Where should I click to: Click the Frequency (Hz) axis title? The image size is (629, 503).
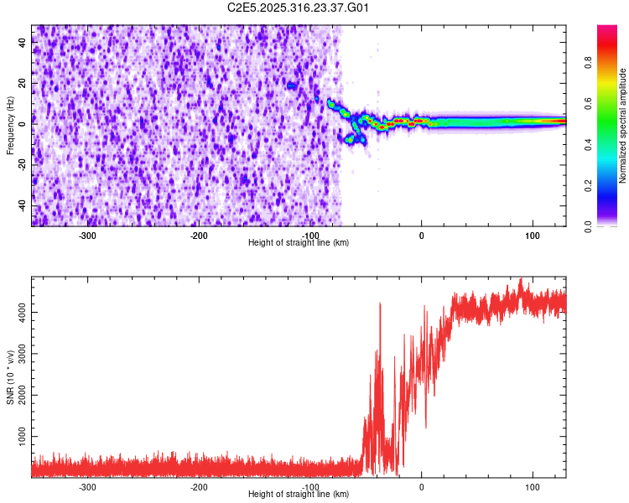pos(10,126)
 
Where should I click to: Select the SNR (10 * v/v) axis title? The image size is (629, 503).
pos(10,376)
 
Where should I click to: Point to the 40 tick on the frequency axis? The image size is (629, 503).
pos(23,44)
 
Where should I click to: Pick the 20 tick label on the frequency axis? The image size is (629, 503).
pos(23,84)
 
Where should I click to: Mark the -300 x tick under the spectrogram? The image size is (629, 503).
pos(87,236)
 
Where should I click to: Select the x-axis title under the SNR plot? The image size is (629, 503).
pos(299,495)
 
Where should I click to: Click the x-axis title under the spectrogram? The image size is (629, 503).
pos(299,242)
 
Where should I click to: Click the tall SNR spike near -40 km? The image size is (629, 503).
pos(380,305)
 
